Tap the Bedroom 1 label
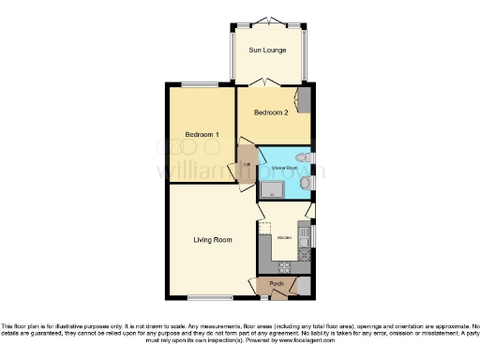[x=202, y=135]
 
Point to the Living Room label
[x=212, y=240]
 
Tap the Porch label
[x=277, y=283]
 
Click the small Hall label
[x=247, y=166]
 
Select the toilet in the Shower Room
[x=301, y=157]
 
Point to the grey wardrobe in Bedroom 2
[x=304, y=98]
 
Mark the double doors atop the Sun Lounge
[x=268, y=21]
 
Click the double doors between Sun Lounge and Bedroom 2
[x=268, y=82]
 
